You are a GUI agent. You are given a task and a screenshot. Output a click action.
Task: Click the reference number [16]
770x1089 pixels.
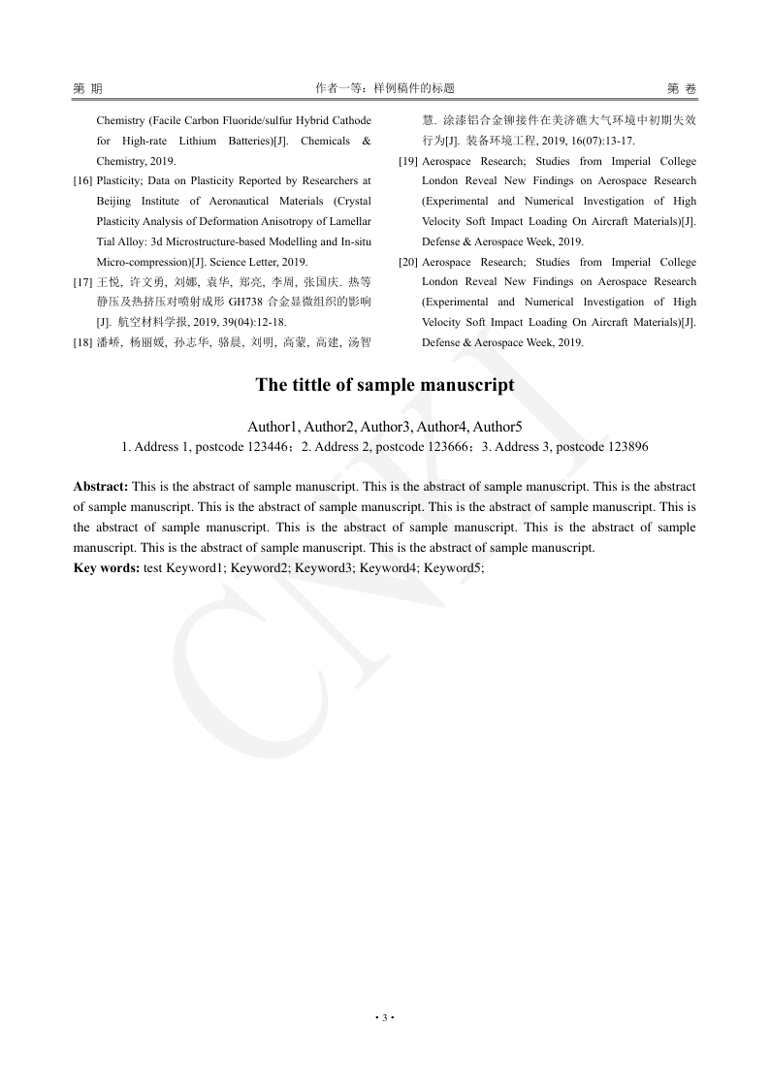point(83,181)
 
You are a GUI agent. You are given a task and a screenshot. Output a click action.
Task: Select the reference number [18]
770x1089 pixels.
point(83,342)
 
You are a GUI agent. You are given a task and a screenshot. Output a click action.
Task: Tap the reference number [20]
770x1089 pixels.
point(408,263)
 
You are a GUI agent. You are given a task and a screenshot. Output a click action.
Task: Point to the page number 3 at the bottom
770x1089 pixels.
point(385,1017)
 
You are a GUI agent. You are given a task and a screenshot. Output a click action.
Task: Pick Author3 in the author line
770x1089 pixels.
point(387,427)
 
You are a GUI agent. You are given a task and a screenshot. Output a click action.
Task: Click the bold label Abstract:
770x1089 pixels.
point(101,486)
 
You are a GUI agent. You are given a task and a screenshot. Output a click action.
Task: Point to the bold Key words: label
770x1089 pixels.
point(107,568)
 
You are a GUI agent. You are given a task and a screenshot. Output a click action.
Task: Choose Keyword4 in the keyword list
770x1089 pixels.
point(388,568)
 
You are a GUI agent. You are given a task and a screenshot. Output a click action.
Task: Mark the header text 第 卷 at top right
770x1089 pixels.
point(682,88)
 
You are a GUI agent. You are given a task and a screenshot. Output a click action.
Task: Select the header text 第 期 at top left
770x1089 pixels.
point(87,88)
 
